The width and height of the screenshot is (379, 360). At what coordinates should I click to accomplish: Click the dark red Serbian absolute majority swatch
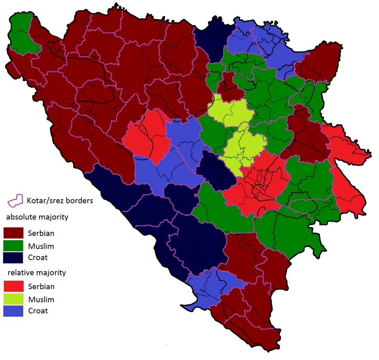[13, 233]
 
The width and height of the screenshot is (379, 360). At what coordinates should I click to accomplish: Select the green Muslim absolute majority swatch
[13, 246]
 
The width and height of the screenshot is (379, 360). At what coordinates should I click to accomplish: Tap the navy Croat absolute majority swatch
[13, 258]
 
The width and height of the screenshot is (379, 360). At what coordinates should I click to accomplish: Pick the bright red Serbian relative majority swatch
[13, 287]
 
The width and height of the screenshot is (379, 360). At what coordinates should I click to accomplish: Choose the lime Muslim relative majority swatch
[13, 299]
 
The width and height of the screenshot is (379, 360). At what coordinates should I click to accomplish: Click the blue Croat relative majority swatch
[13, 311]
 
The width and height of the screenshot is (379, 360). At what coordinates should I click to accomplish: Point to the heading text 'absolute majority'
[37, 217]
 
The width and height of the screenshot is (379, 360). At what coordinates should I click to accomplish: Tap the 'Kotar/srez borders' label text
[60, 201]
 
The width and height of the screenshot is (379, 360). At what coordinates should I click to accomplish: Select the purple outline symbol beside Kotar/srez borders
[16, 201]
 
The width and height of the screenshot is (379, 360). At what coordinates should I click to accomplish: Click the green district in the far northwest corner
[22, 34]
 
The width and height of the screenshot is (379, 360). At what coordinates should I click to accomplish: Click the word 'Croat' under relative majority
[38, 311]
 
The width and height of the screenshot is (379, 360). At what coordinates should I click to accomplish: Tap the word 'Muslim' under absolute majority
[41, 246]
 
